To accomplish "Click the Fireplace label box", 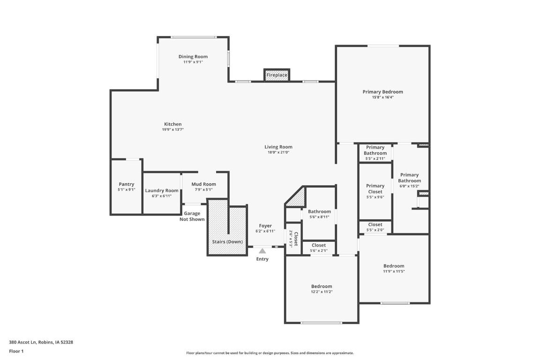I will (x=277, y=75).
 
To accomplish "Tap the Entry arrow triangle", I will (x=262, y=251).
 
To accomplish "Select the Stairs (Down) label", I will (x=227, y=242).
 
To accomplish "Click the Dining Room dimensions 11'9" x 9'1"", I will (x=193, y=62).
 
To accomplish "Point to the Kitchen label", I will (x=172, y=124).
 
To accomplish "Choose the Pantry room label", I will (x=126, y=184).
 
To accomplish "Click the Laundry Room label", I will (x=162, y=190).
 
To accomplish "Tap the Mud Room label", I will (x=203, y=184).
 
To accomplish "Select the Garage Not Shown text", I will (x=192, y=216).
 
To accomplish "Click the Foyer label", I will (x=265, y=226).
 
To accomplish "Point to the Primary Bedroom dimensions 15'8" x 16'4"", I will (x=382, y=97).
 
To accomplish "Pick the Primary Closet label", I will (x=375, y=188).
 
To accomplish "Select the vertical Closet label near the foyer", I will (x=296, y=239).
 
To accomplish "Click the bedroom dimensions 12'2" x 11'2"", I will (x=322, y=292).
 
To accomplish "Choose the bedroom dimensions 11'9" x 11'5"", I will (x=394, y=271).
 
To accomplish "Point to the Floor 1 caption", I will (x=16, y=351).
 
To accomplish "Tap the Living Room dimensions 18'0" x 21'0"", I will (x=278, y=152).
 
